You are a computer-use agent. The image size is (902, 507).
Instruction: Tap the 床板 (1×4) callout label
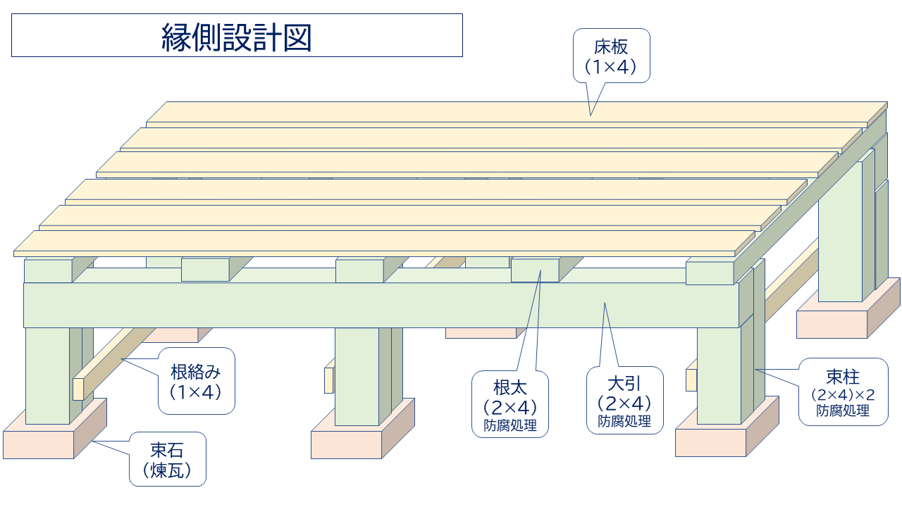(610, 56)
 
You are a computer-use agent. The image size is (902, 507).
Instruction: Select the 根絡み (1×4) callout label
(196, 380)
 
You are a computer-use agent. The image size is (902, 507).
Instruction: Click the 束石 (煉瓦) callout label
(168, 459)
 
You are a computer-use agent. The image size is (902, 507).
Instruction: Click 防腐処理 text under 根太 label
(511, 425)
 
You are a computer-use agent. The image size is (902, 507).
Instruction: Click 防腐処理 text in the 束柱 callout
(843, 411)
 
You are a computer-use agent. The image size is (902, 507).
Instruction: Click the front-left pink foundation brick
(39, 444)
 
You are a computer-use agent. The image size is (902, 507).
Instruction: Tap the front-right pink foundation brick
(710, 442)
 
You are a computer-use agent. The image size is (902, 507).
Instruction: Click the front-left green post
(47, 373)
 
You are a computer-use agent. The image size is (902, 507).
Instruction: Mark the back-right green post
(840, 232)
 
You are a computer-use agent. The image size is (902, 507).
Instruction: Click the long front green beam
(381, 305)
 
